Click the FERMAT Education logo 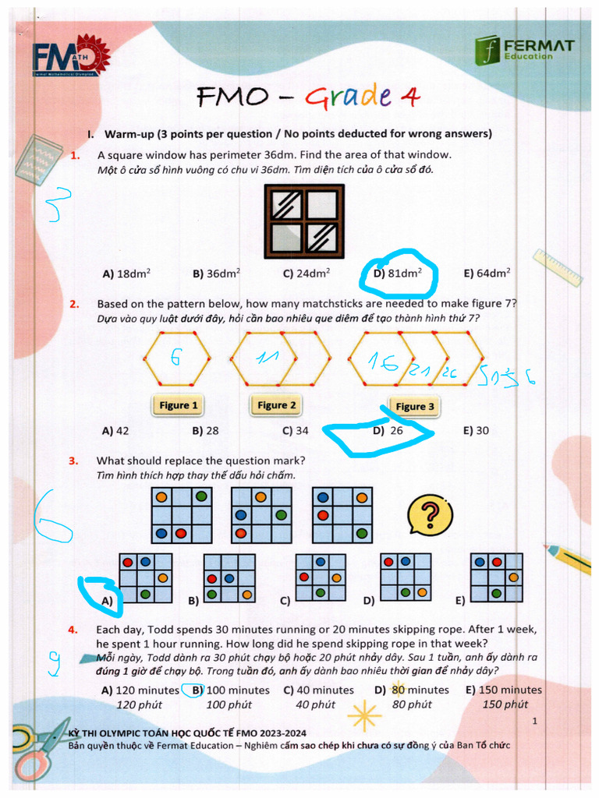tap(523, 48)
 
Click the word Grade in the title tap(349, 97)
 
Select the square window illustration tap(304, 222)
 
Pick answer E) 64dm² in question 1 tap(487, 274)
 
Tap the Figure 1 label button tap(179, 405)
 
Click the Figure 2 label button tap(277, 405)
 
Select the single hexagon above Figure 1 tap(177, 359)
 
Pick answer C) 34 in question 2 tap(296, 430)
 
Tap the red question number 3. tap(73, 461)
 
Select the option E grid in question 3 tap(496, 577)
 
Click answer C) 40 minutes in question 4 tap(318, 690)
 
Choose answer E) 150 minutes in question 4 tap(503, 690)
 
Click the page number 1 tap(535, 722)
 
